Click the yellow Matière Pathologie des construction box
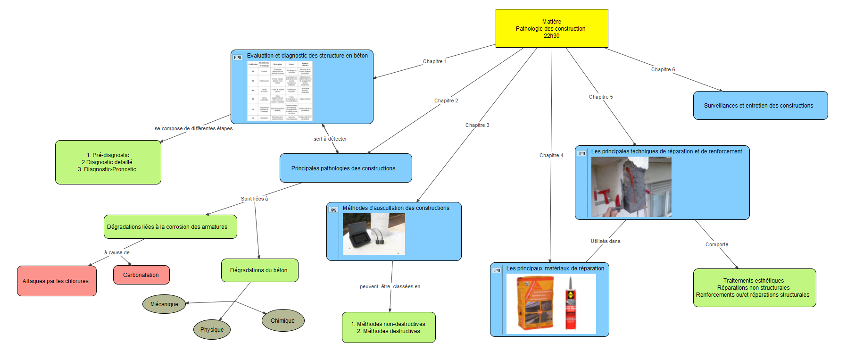(x=551, y=28)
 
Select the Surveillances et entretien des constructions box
(x=760, y=106)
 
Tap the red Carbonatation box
(x=141, y=275)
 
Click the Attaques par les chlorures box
(x=57, y=281)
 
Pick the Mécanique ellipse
(x=164, y=304)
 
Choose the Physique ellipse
(x=212, y=330)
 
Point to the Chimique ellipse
(x=282, y=321)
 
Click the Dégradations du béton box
(x=259, y=270)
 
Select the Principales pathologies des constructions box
(x=345, y=168)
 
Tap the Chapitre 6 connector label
(x=663, y=70)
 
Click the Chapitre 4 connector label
(x=551, y=156)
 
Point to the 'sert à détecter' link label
(x=330, y=139)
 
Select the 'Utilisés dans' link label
(x=606, y=242)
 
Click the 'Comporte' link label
(x=716, y=245)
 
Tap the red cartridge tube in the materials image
(x=571, y=304)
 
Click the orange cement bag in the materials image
(x=535, y=302)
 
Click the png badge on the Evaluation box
(x=237, y=57)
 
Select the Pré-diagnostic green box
(x=108, y=162)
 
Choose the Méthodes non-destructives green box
(x=388, y=327)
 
